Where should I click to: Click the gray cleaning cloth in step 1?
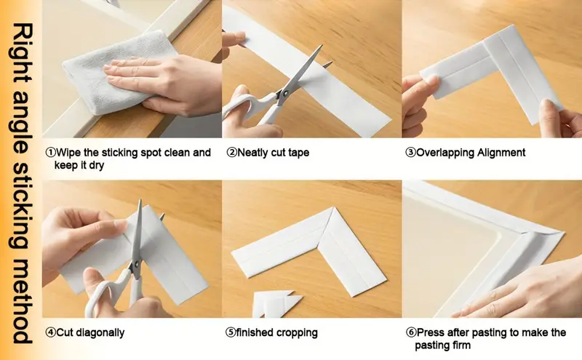point(111,74)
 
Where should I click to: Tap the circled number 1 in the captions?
point(50,153)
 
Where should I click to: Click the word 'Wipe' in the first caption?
point(67,153)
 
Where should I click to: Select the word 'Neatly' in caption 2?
point(252,153)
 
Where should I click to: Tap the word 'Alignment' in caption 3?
point(501,153)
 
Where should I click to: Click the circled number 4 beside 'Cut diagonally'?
point(50,332)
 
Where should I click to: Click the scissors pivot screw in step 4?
point(136,264)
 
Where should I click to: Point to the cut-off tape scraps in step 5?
point(277,303)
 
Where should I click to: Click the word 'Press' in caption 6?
point(431,332)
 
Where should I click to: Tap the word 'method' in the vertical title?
point(21,300)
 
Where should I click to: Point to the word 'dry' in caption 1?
point(96,166)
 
